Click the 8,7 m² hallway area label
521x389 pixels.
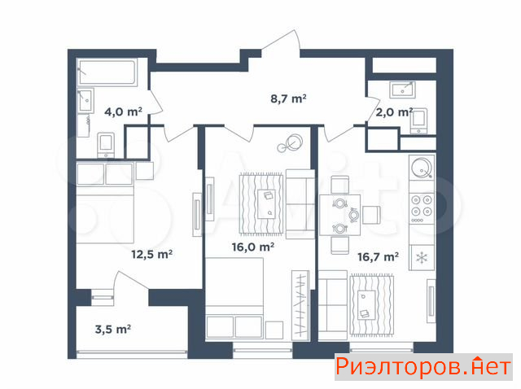pyautogui.click(x=288, y=98)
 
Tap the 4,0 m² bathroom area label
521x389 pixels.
pyautogui.click(x=123, y=111)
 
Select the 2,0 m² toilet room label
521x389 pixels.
pyautogui.click(x=394, y=112)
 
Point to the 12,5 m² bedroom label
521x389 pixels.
pyautogui.click(x=152, y=255)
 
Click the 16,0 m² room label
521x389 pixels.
pyautogui.click(x=253, y=247)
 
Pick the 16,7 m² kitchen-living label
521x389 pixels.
pyautogui.click(x=378, y=257)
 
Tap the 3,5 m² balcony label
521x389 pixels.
pyautogui.click(x=113, y=330)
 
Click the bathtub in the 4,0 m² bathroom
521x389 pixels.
pyautogui.click(x=107, y=72)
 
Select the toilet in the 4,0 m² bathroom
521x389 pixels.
pyautogui.click(x=106, y=145)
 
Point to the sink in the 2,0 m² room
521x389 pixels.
pyautogui.click(x=402, y=89)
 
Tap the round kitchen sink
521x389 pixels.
pyautogui.click(x=422, y=167)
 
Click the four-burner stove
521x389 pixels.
pyautogui.click(x=422, y=208)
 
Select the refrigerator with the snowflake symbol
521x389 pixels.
pyautogui.click(x=422, y=258)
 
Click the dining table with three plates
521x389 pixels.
pyautogui.click(x=340, y=215)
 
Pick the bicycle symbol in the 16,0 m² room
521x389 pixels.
pyautogui.click(x=290, y=143)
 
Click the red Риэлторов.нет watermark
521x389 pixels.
pyautogui.click(x=423, y=367)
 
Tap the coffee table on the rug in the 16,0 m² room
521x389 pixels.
pyautogui.click(x=267, y=203)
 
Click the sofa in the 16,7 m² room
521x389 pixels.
pyautogui.click(x=333, y=305)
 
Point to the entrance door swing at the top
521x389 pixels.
pyautogui.click(x=282, y=42)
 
